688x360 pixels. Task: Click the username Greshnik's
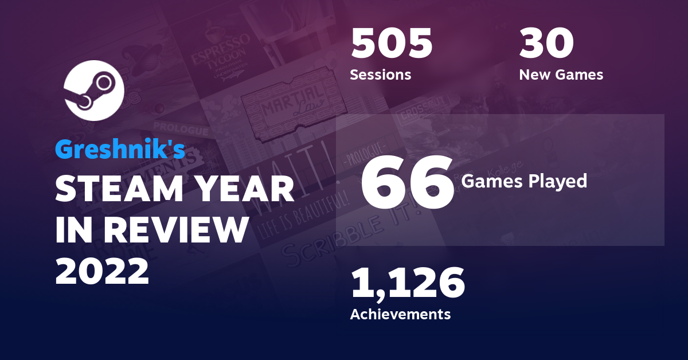(120, 150)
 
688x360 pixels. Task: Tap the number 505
(392, 45)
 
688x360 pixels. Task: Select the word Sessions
(380, 75)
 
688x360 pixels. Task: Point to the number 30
(546, 45)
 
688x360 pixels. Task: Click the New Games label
(561, 75)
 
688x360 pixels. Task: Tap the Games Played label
(525, 181)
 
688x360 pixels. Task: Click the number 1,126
(407, 284)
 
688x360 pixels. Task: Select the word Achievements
(400, 314)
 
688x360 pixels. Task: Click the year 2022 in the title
(102, 270)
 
